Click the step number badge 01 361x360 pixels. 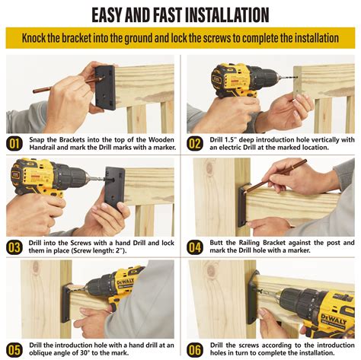14,144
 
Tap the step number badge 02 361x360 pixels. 195,144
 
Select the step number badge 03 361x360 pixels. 14,247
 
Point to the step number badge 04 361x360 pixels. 195,247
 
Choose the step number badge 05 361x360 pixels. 14,350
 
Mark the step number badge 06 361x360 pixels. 195,350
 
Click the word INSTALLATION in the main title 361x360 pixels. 227,15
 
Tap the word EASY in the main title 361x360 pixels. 107,15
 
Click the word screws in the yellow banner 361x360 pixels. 218,38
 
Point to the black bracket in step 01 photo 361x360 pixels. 105,87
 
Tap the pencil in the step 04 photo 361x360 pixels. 275,177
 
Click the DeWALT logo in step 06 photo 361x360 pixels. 334,319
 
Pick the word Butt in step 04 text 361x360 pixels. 216,243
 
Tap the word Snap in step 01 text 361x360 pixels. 37,140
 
